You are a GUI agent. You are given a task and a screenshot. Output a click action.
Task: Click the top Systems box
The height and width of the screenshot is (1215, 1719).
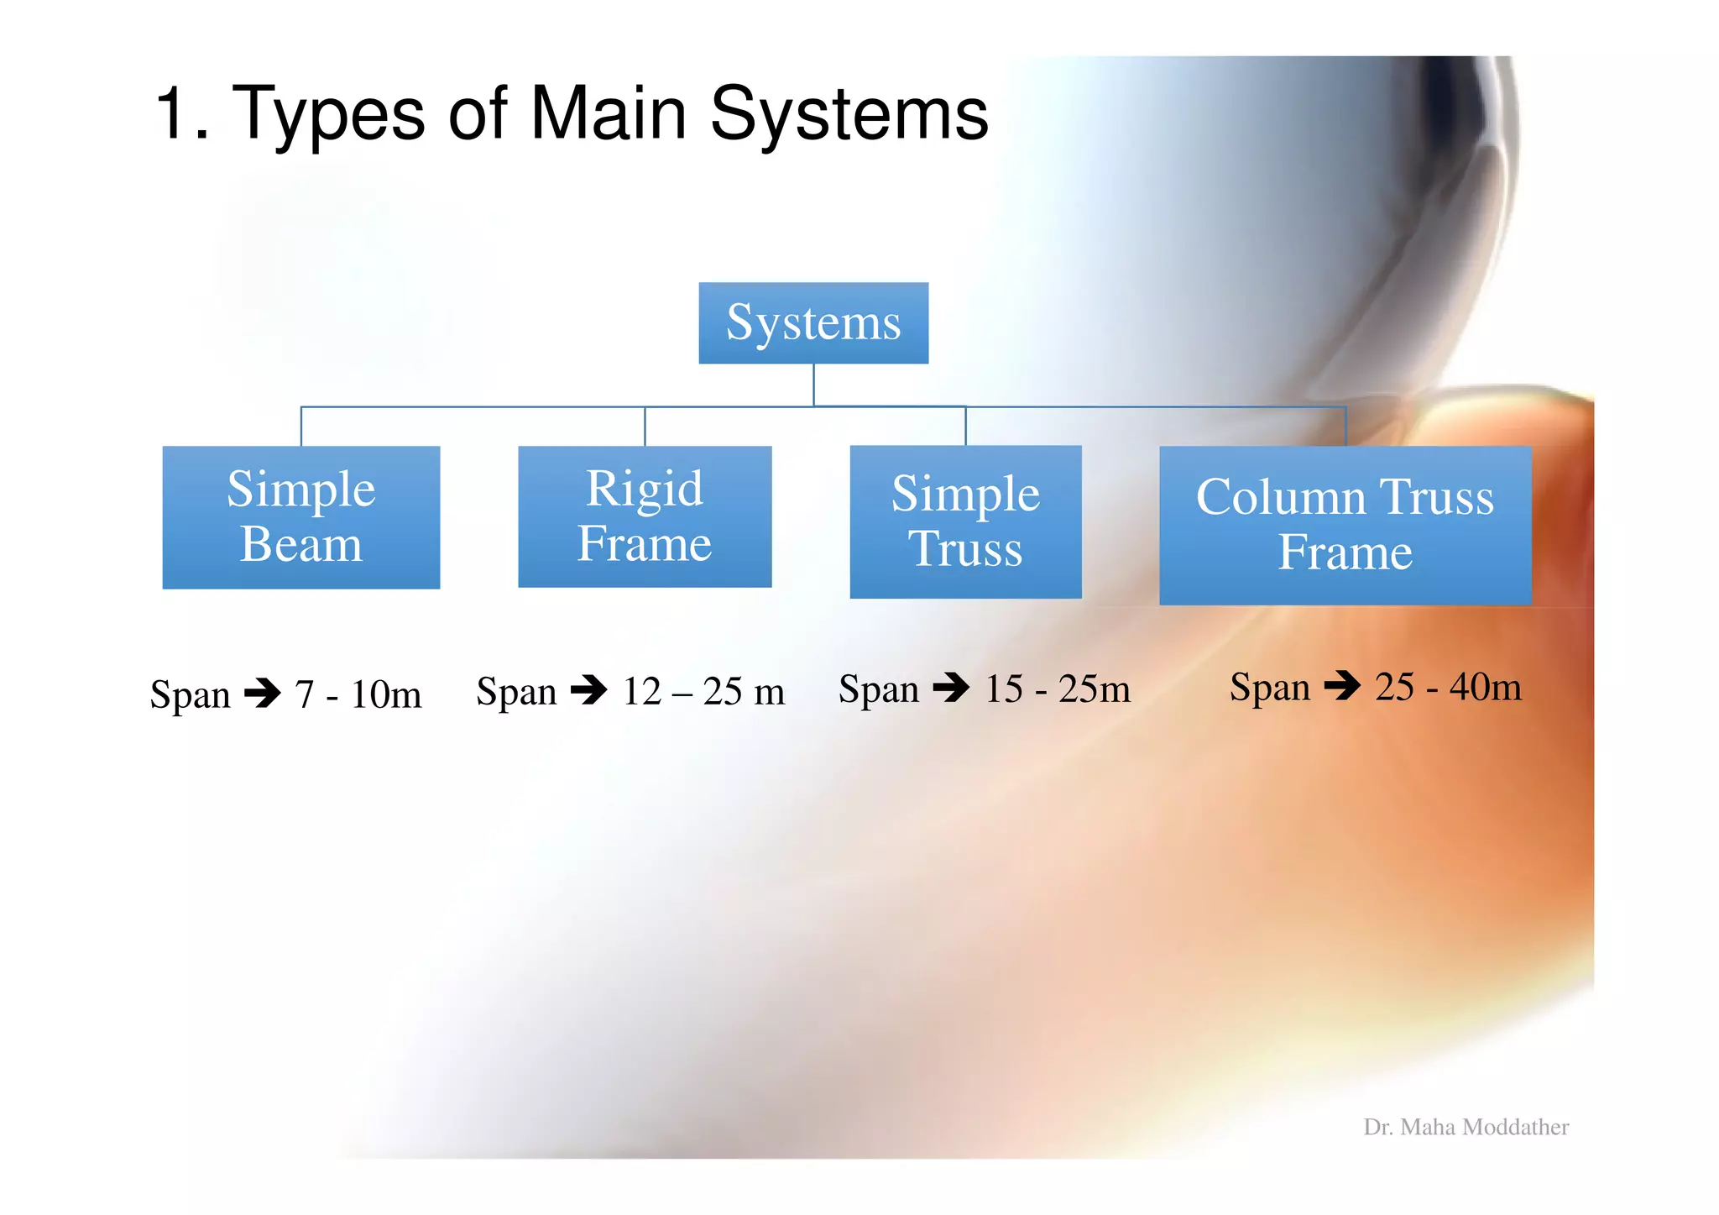pyautogui.click(x=813, y=323)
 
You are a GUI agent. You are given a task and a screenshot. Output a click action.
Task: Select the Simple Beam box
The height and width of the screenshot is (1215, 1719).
pyautogui.click(x=300, y=517)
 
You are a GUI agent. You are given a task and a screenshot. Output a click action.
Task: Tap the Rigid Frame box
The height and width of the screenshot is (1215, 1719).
pyautogui.click(x=645, y=516)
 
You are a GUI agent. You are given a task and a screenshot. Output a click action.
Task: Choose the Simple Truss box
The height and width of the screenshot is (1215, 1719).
pyautogui.click(x=965, y=521)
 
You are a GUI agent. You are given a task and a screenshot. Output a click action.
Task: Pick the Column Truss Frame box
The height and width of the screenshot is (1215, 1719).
pyautogui.click(x=1345, y=525)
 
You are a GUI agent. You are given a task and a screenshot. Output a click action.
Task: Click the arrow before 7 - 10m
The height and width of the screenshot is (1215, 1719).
pyautogui.click(x=263, y=694)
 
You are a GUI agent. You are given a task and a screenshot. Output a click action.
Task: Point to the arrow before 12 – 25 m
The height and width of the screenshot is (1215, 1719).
pyautogui.click(x=588, y=690)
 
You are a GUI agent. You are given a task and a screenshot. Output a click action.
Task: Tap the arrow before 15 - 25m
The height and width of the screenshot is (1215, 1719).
pyautogui.click(x=951, y=688)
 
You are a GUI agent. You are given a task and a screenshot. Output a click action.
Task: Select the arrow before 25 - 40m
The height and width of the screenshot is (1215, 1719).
pyautogui.click(x=1342, y=685)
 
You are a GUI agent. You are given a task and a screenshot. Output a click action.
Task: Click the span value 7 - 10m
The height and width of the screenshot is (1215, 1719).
pyautogui.click(x=358, y=694)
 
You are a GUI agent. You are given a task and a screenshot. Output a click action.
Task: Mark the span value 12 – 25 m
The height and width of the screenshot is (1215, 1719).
pyautogui.click(x=703, y=691)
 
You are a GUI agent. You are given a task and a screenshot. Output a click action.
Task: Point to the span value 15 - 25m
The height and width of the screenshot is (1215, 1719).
pyautogui.click(x=1058, y=689)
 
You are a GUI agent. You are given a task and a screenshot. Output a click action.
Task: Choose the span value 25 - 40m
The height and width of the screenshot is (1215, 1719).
pyautogui.click(x=1448, y=686)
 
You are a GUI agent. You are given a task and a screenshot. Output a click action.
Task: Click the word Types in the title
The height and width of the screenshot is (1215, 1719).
pyautogui.click(x=327, y=115)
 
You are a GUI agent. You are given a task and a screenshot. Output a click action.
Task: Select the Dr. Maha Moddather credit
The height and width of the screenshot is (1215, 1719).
pyautogui.click(x=1466, y=1127)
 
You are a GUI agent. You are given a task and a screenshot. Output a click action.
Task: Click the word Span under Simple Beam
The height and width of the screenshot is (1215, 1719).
pyautogui.click(x=190, y=695)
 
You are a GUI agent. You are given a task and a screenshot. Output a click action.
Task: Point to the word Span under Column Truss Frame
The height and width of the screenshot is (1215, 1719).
pyautogui.click(x=1269, y=687)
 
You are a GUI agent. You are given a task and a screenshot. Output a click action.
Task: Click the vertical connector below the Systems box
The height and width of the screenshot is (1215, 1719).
pyautogui.click(x=813, y=385)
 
